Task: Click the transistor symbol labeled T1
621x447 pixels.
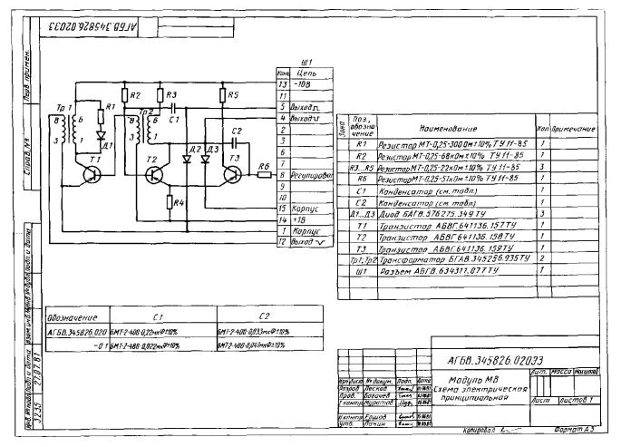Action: (x=92, y=172)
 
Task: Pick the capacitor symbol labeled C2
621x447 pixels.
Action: (x=235, y=141)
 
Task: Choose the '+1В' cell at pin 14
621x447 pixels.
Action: (x=295, y=219)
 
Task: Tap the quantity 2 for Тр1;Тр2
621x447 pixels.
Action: (x=540, y=258)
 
